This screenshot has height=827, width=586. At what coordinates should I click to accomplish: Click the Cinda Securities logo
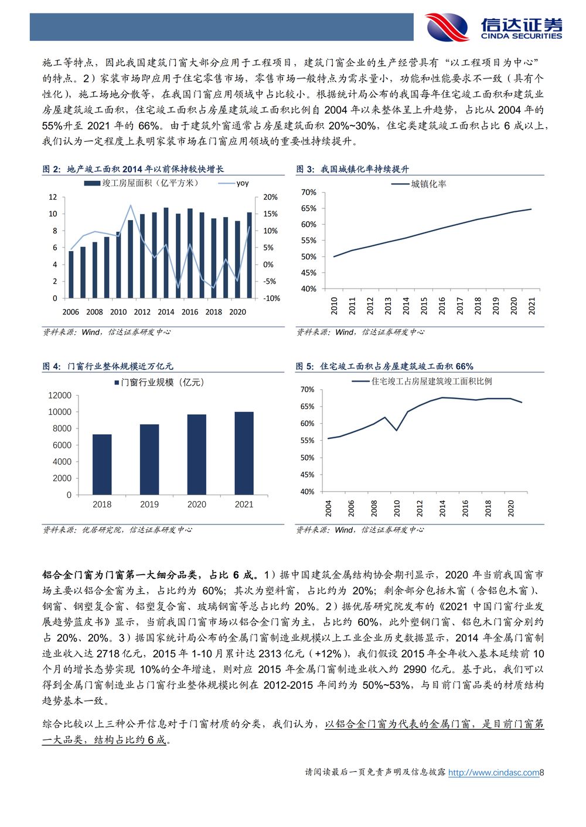[x=493, y=27]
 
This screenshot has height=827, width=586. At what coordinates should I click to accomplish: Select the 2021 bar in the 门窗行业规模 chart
[x=244, y=453]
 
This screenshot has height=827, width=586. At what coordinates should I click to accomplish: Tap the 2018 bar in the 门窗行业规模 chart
[x=102, y=465]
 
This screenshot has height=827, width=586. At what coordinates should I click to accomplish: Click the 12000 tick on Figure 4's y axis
[x=60, y=396]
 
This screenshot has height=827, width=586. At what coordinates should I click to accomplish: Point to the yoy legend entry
[x=233, y=183]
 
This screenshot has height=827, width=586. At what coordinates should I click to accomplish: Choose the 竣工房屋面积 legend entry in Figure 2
[x=141, y=183]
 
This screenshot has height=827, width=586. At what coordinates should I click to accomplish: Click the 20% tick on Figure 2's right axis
[x=270, y=197]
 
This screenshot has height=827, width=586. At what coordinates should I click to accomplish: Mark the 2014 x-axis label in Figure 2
[x=166, y=312]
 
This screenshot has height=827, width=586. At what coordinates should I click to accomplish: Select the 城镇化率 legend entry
[x=419, y=184]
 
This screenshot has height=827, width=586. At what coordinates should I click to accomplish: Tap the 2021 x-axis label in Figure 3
[x=532, y=306]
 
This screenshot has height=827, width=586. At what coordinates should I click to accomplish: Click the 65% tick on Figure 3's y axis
[x=308, y=208]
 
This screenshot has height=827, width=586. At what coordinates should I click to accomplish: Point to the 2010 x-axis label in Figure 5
[x=397, y=508]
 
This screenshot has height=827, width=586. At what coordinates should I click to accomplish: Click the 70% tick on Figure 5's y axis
[x=307, y=389]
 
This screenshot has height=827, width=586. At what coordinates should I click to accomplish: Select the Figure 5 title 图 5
[x=305, y=366]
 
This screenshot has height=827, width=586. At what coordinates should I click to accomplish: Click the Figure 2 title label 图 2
[x=52, y=169]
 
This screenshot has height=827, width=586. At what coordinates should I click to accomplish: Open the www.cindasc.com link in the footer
[x=493, y=773]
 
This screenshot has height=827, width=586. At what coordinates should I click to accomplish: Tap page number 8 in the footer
[x=542, y=773]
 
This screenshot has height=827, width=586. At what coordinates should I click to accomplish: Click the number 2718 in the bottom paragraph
[x=108, y=654]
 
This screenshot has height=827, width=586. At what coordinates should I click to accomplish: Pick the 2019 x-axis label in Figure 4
[x=149, y=505]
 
